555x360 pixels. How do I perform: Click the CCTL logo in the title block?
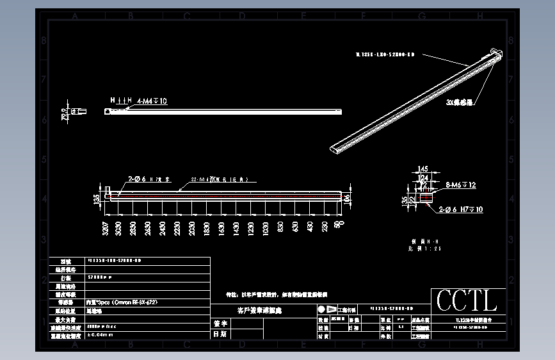pos(467,300)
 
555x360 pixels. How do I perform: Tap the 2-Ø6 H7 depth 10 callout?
pos(460,209)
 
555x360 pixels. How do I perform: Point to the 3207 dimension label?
pos(105,229)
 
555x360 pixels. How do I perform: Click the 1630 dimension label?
pos(221,229)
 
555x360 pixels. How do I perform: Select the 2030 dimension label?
pos(192,229)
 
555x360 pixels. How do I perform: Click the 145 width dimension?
pos(422,169)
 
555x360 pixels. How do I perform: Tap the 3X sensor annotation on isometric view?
pos(460,101)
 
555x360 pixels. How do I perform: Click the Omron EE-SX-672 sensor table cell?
pos(122,301)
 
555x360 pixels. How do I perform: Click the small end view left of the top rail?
pos(76,111)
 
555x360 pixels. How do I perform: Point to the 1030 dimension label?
pos(265,229)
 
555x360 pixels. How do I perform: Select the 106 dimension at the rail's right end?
pos(347,197)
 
